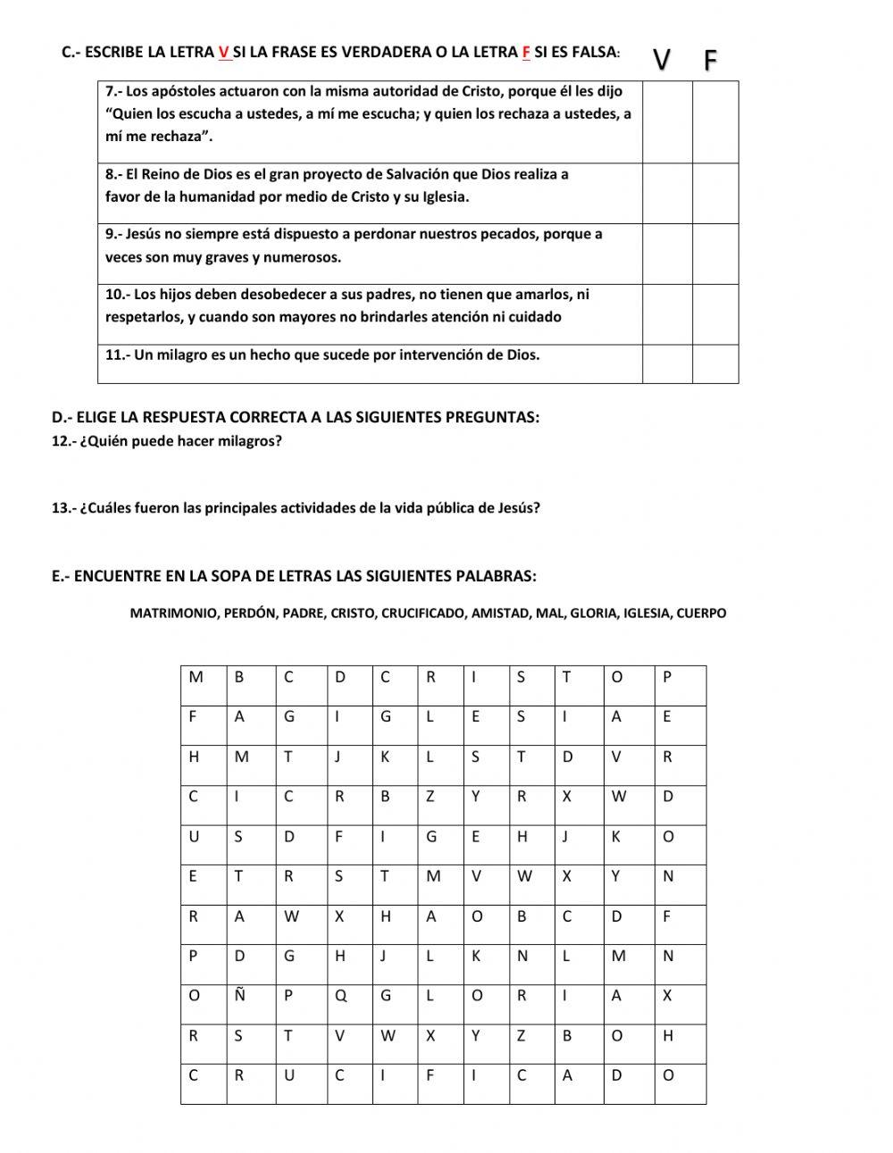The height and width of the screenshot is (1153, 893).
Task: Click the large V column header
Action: point(662,60)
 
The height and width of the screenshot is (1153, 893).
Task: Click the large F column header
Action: point(711,60)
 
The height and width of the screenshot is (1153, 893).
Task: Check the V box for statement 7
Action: point(667,121)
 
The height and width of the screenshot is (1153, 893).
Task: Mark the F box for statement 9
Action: point(715,254)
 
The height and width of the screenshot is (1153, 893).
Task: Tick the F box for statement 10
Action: point(715,314)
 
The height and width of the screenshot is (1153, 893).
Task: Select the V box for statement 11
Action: point(667,363)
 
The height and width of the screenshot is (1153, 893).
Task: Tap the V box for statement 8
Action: point(667,193)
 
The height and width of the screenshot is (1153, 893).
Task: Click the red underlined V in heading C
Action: point(223,52)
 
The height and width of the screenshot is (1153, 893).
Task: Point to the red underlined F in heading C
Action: point(526,52)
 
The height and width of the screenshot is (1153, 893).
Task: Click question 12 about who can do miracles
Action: point(167,441)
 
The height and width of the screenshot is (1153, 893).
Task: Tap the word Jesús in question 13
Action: point(520,508)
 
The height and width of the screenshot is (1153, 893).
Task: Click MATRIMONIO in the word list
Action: point(172,614)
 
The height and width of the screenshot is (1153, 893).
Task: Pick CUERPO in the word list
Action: point(701,614)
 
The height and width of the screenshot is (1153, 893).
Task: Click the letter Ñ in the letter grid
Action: point(239,996)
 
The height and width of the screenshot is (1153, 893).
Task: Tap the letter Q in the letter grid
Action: point(340,996)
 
